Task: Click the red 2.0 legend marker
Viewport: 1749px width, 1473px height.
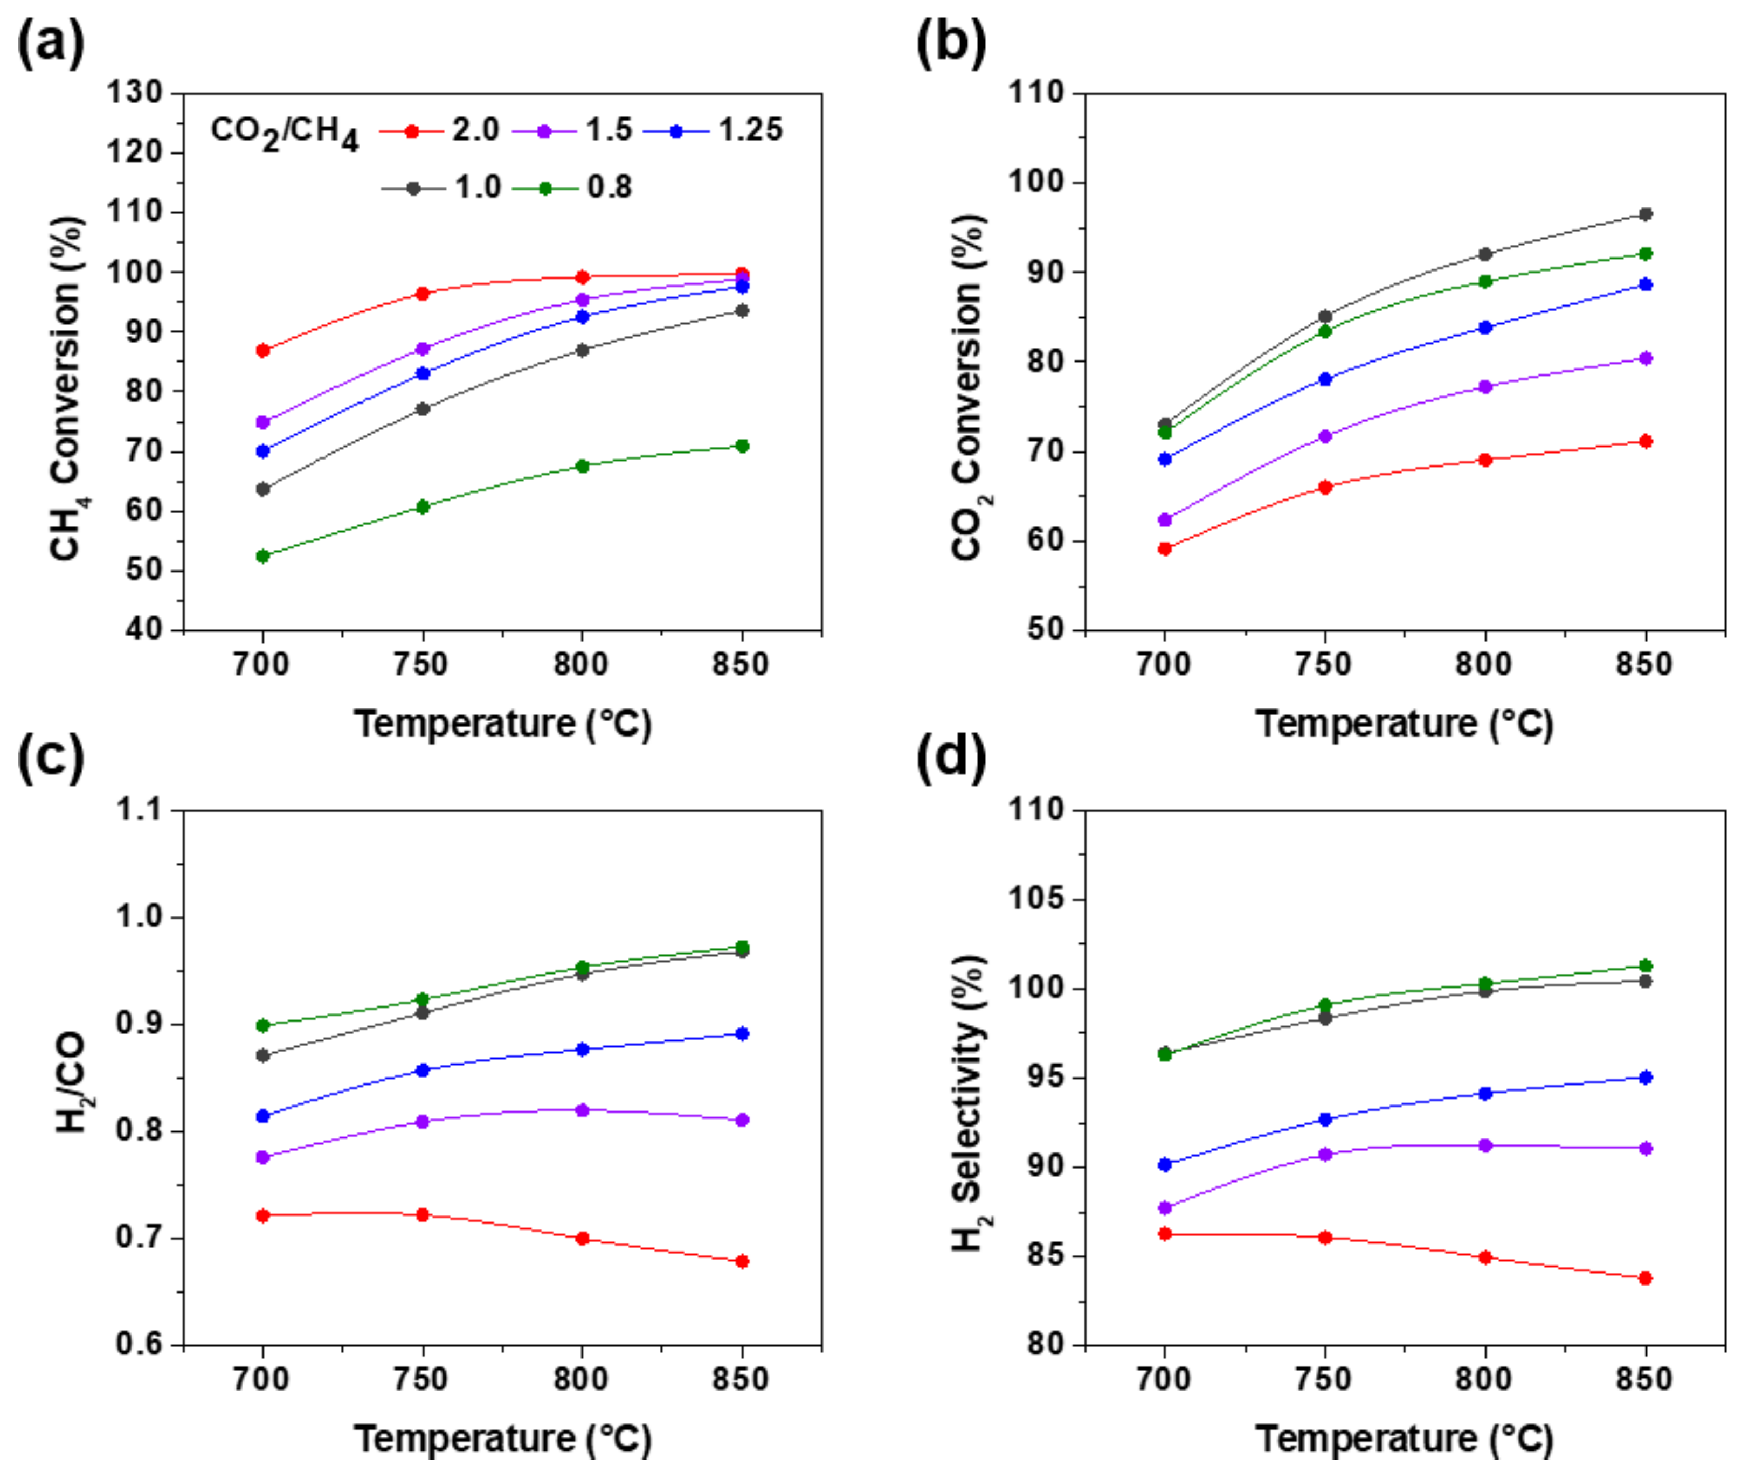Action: [411, 131]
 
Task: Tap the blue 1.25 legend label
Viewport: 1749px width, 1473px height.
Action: [750, 130]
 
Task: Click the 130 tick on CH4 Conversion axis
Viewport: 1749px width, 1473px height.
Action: [134, 93]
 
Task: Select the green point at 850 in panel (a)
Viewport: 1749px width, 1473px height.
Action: [742, 446]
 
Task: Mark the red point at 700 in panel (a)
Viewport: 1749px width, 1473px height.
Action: [263, 350]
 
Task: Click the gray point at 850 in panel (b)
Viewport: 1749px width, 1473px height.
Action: [1646, 214]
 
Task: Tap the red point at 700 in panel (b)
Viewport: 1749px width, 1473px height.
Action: [1165, 548]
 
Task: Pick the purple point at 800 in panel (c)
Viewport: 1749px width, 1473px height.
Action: [582, 1110]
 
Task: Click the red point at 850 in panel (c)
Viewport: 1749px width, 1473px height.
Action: [742, 1261]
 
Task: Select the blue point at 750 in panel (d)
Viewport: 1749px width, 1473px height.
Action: [1325, 1119]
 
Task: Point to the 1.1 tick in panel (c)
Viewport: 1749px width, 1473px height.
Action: [141, 810]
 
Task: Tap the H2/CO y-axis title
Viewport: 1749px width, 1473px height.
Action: [72, 1082]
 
